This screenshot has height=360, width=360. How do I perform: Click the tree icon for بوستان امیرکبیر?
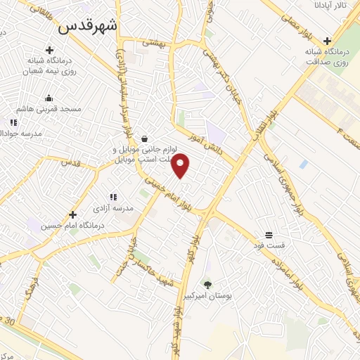[x=207, y=283]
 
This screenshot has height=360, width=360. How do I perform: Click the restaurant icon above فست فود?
[x=269, y=235]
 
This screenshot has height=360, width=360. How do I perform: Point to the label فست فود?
[x=269, y=246]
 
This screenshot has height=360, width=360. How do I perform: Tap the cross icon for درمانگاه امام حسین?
[x=72, y=214]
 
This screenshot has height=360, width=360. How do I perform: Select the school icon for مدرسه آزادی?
[x=112, y=198]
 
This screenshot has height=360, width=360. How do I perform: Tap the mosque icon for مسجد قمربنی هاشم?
[x=49, y=98]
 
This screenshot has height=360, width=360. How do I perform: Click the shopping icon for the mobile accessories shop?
[x=144, y=139]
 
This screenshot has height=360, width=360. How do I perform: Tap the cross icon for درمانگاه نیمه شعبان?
[x=49, y=49]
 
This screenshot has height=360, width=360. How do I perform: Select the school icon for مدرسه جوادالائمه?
[x=13, y=122]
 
